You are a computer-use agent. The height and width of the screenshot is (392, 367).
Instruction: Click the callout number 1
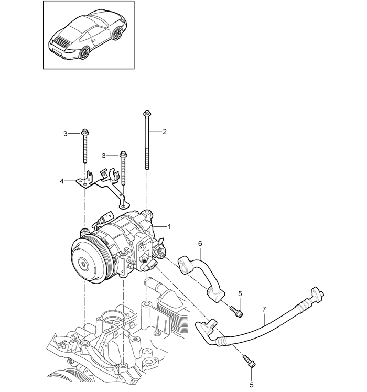pyautogui.click(x=169, y=226)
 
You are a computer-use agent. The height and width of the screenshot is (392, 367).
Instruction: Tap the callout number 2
pyautogui.click(x=164, y=132)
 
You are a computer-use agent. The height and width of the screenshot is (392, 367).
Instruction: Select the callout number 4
pyautogui.click(x=62, y=181)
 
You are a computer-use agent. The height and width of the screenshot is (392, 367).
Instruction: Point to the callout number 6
pyautogui.click(x=200, y=244)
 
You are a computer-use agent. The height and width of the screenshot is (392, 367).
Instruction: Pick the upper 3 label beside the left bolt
pyautogui.click(x=66, y=134)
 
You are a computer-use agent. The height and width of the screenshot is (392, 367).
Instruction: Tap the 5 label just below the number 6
pyautogui.click(x=240, y=293)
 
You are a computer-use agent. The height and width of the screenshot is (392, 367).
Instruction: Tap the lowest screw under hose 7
pyautogui.click(x=250, y=362)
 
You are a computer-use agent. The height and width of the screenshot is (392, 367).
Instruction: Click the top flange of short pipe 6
pyautogui.click(x=183, y=262)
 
